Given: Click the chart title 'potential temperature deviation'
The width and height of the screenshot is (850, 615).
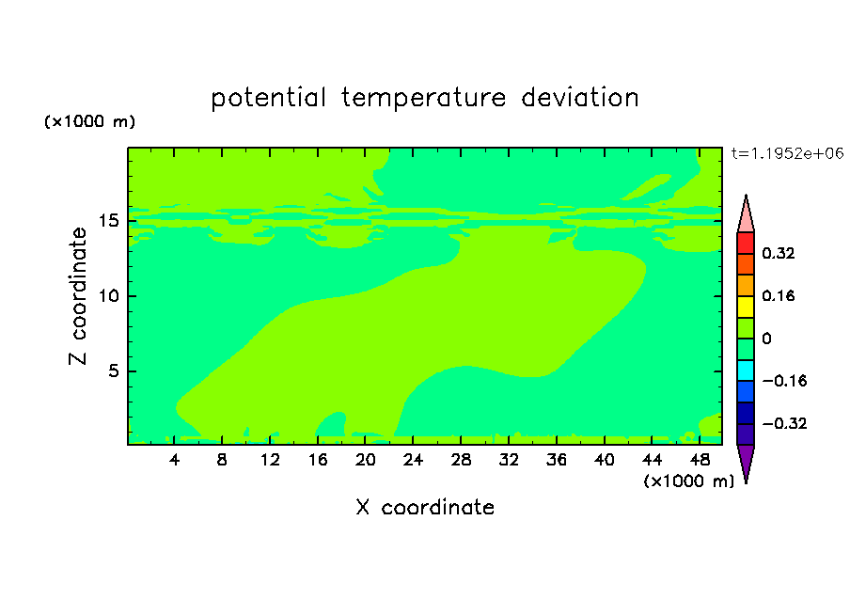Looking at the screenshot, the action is [x=424, y=98].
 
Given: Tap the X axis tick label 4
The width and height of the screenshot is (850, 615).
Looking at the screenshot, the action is [x=174, y=460].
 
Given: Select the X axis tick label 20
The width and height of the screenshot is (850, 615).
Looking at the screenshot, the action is [x=366, y=460].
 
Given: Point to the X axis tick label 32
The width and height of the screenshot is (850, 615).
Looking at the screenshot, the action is [x=509, y=460].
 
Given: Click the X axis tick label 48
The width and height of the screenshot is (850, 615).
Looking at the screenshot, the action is [x=700, y=460].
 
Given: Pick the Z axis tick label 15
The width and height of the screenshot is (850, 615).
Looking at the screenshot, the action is [x=108, y=221].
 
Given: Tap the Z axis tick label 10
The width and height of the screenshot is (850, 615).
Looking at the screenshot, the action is [x=108, y=296].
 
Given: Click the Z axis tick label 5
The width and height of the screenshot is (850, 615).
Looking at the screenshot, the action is [x=113, y=371].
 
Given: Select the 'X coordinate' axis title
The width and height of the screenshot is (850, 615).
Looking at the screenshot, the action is [x=425, y=507].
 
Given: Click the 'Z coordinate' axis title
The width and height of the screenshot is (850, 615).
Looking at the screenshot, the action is [x=77, y=296].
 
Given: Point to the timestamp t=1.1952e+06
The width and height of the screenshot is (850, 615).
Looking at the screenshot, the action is [x=787, y=153].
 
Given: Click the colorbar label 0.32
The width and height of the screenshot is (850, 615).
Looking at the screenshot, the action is [x=778, y=253].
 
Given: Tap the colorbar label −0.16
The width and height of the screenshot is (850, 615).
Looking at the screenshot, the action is [x=784, y=381].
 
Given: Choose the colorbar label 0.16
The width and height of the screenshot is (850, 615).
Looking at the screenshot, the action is [x=778, y=295].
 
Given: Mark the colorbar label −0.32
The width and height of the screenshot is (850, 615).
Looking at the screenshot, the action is [x=784, y=423].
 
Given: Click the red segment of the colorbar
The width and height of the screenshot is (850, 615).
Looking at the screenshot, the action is [x=746, y=243].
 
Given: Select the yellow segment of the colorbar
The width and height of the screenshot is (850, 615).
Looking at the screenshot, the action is [x=746, y=307].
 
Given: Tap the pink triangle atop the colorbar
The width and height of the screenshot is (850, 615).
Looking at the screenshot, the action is [x=746, y=217].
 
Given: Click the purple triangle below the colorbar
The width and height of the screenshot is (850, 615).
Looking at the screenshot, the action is [x=746, y=461].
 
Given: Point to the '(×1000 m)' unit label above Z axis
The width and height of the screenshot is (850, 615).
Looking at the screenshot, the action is [x=89, y=121].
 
